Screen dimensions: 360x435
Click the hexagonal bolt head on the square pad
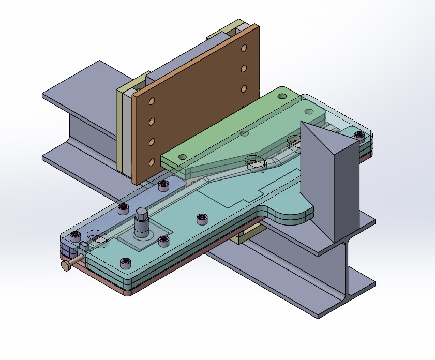click(x=142, y=215)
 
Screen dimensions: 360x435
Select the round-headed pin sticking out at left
click(x=66, y=265)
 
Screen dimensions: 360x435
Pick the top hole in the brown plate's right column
click(x=244, y=48)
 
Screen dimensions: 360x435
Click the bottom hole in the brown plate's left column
click(x=152, y=162)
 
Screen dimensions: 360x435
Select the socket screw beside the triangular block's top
click(x=358, y=136)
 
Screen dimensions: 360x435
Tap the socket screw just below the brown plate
click(x=164, y=185)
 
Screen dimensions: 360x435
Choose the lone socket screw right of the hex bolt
click(x=202, y=219)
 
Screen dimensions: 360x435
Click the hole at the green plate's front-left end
click(x=182, y=156)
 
